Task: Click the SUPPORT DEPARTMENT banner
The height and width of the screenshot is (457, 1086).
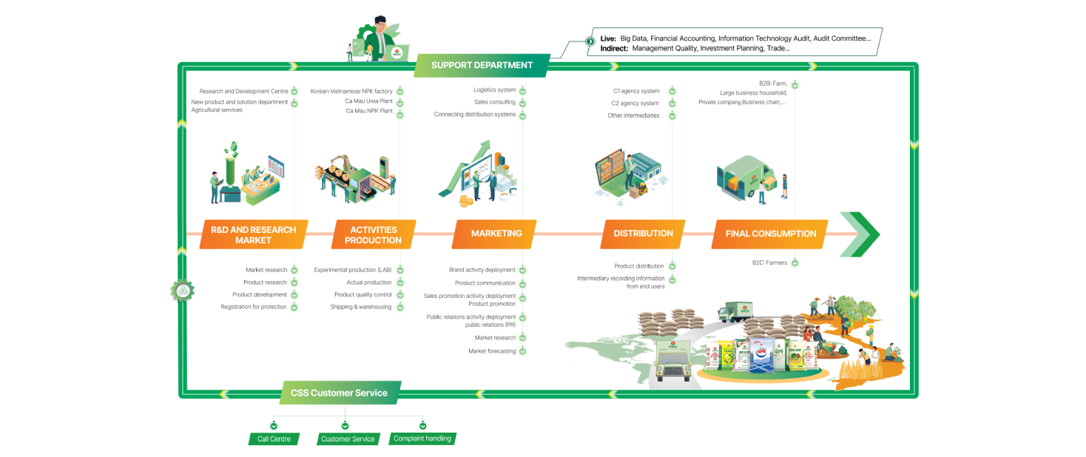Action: pyautogui.click(x=482, y=65)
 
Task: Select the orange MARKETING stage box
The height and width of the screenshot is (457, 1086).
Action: pyautogui.click(x=496, y=234)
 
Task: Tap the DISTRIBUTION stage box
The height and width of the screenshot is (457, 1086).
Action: pyautogui.click(x=643, y=234)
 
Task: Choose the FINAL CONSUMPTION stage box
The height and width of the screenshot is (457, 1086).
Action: pyautogui.click(x=770, y=234)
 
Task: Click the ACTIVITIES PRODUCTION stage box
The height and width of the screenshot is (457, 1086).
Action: pyautogui.click(x=373, y=234)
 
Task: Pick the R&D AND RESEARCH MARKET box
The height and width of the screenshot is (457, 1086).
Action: pyautogui.click(x=253, y=234)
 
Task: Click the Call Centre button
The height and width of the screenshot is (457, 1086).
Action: pyautogui.click(x=274, y=439)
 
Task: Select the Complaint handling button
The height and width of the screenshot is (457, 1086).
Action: pyautogui.click(x=422, y=439)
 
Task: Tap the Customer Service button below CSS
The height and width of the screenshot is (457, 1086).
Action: pyautogui.click(x=348, y=439)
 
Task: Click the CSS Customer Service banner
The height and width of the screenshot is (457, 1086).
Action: pyautogui.click(x=340, y=393)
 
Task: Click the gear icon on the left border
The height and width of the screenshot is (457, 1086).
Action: pyautogui.click(x=182, y=290)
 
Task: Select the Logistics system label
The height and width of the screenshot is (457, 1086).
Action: pyautogui.click(x=494, y=90)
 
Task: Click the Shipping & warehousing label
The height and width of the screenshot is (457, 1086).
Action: pyautogui.click(x=361, y=307)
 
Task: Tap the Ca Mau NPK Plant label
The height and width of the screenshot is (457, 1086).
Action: pyautogui.click(x=368, y=111)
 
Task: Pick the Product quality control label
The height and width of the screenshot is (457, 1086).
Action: pyautogui.click(x=363, y=294)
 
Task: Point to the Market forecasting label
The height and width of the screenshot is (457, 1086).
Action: pyautogui.click(x=492, y=351)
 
